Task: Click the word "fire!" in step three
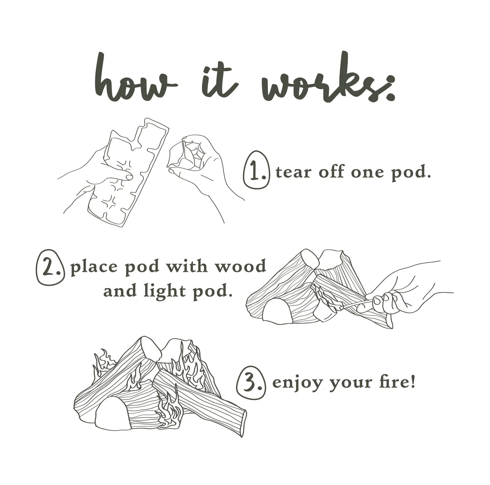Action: [397, 388]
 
